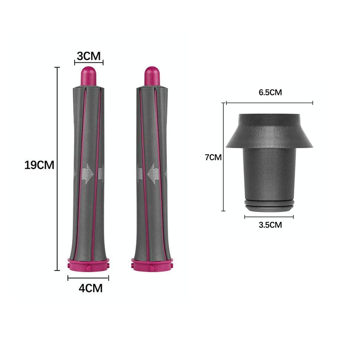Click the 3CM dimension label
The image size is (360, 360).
tap(88, 56)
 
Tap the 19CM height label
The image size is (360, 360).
tap(39, 165)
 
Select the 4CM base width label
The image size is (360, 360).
tap(90, 288)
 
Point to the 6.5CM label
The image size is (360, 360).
tap(270, 93)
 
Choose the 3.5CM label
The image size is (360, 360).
tap(270, 225)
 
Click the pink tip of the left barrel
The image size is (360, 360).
tap(88, 75)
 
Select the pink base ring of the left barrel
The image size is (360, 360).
tap(88, 264)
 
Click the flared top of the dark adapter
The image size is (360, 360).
tap(269, 130)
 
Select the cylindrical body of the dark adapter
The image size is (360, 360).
tap(269, 173)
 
